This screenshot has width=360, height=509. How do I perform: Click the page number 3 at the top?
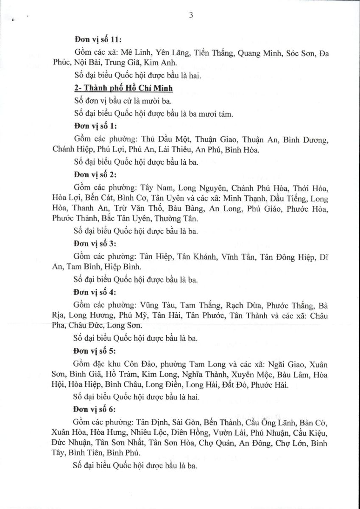[191, 16]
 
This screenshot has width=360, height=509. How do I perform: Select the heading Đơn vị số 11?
[98, 40]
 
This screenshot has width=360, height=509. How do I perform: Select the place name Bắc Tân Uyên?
[126, 219]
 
